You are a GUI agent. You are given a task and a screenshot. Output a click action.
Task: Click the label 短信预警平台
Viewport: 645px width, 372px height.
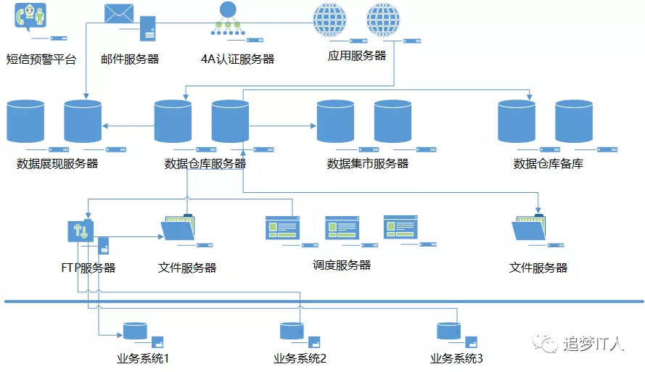[41, 59]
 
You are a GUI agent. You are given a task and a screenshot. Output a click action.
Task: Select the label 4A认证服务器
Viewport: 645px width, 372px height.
[238, 59]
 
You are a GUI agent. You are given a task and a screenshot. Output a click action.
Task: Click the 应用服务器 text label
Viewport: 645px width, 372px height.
[357, 56]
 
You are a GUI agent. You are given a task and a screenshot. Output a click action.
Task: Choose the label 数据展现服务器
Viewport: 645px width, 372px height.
[57, 164]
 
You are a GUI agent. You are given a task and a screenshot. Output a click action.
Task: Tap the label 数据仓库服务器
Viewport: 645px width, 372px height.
[206, 164]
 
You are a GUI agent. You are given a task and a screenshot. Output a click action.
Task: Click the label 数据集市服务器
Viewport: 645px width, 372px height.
[368, 164]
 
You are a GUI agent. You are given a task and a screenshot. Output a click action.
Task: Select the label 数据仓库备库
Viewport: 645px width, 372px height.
[549, 164]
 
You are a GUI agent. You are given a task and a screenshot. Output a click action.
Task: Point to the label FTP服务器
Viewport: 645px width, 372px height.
[89, 268]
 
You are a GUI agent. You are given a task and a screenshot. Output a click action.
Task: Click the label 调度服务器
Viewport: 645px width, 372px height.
[342, 265]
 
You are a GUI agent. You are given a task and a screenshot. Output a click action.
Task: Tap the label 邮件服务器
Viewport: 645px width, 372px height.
[130, 59]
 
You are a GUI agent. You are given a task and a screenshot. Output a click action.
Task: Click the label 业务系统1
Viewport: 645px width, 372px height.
[143, 359]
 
